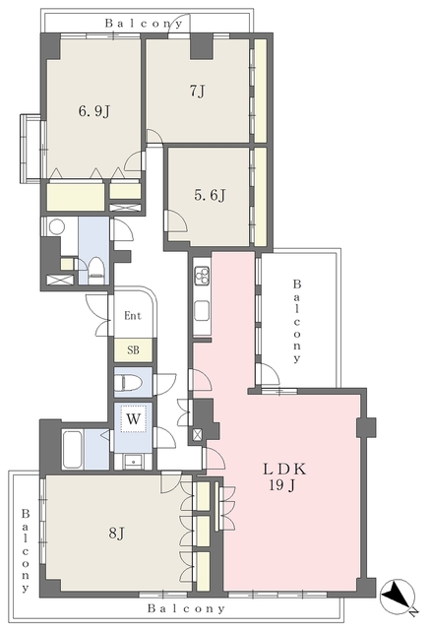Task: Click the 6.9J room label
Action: tap(94, 111)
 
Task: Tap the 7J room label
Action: tap(197, 92)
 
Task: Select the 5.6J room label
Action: tap(210, 195)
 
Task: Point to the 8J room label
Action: tap(116, 534)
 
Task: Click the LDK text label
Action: tap(284, 469)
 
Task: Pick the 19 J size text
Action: tap(282, 485)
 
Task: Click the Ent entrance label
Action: tap(133, 316)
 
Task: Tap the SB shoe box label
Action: tap(134, 350)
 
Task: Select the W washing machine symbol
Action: tap(133, 419)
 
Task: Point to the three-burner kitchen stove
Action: tap(202, 277)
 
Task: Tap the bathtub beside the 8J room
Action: tap(73, 450)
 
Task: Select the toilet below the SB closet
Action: tap(128, 383)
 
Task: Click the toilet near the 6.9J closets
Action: tap(95, 271)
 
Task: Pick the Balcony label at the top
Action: tap(144, 24)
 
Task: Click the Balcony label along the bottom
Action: tap(186, 608)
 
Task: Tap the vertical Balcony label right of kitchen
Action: tap(297, 322)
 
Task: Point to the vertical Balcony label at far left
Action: tap(26, 550)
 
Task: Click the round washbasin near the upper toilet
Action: tap(57, 227)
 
